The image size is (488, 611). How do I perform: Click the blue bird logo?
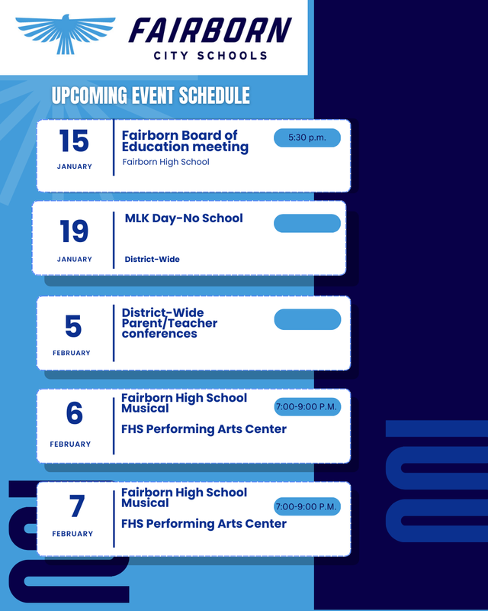pyautogui.click(x=66, y=33)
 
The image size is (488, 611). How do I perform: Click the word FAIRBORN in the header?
pyautogui.click(x=210, y=31)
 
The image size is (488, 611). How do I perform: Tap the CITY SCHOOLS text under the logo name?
pyautogui.click(x=210, y=56)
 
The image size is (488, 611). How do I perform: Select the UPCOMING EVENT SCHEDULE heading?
pyautogui.click(x=150, y=95)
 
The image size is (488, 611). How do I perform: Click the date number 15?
pyautogui.click(x=74, y=141)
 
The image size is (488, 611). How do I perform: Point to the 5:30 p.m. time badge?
pyautogui.click(x=307, y=137)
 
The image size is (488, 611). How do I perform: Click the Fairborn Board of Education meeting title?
pyautogui.click(x=185, y=141)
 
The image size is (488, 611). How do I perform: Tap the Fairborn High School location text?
pyautogui.click(x=165, y=162)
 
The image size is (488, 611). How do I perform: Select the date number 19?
pyautogui.click(x=74, y=231)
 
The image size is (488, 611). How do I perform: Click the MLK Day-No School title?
pyautogui.click(x=184, y=218)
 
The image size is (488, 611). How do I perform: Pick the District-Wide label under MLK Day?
pyautogui.click(x=152, y=260)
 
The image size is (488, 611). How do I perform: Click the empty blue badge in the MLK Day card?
pyautogui.click(x=307, y=223)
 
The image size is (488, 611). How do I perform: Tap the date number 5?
pyautogui.click(x=73, y=327)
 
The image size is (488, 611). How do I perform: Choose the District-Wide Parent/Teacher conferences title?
pyautogui.click(x=169, y=323)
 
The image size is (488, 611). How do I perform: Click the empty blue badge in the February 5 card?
pyautogui.click(x=307, y=319)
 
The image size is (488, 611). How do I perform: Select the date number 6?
pyautogui.click(x=74, y=413)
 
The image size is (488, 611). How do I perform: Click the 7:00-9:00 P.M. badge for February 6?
pyautogui.click(x=307, y=406)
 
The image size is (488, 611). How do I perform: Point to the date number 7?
pyautogui.click(x=76, y=506)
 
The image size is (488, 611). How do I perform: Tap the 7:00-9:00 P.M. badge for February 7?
pyautogui.click(x=307, y=506)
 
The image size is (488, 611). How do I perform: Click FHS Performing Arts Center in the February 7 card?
pyautogui.click(x=204, y=524)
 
